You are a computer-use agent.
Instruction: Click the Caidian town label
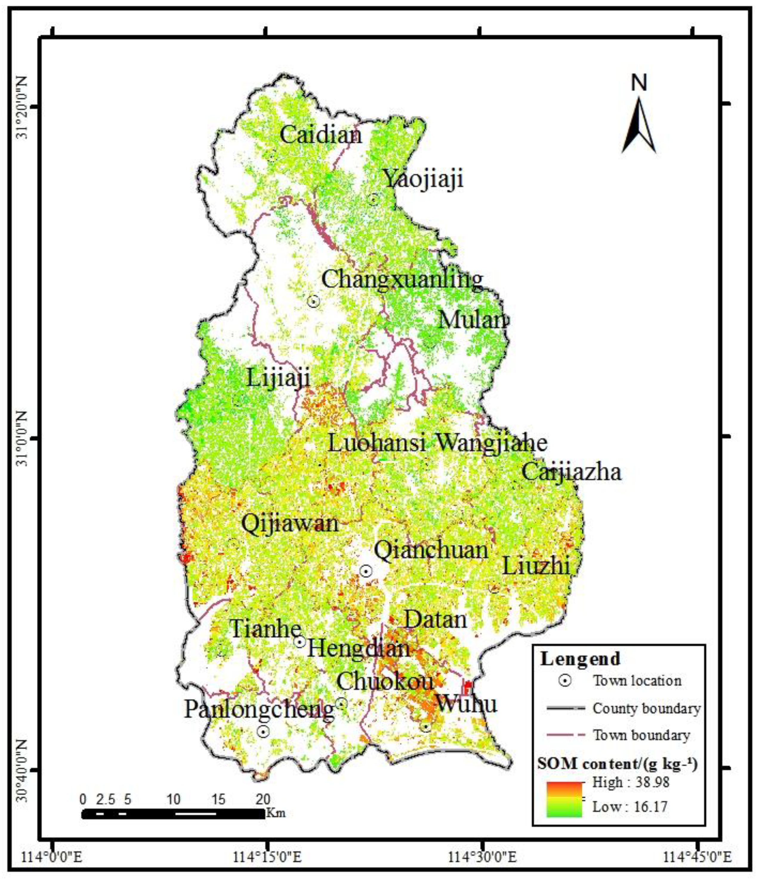tap(321, 135)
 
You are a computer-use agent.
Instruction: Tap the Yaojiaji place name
tap(424, 178)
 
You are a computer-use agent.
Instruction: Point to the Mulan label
tap(473, 320)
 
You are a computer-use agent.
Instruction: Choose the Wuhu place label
tap(466, 704)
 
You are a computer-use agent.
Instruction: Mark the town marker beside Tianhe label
tap(300, 642)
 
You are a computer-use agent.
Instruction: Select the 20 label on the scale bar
tap(263, 799)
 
